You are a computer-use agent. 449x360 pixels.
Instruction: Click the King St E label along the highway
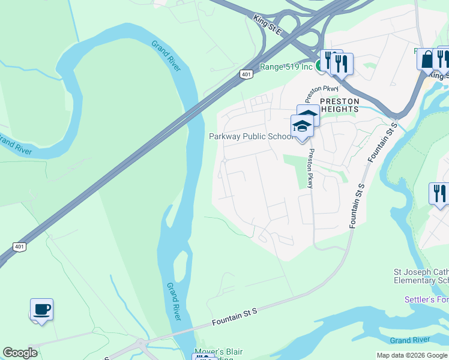pos(268,23)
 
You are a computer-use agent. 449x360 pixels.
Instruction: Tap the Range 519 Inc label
pos(286,67)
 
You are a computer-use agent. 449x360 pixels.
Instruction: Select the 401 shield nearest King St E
pos(246,74)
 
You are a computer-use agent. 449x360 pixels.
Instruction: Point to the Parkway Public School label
pos(250,136)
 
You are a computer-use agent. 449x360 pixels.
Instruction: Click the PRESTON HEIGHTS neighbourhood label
pos(339,105)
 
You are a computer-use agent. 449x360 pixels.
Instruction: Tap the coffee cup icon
pos(41,310)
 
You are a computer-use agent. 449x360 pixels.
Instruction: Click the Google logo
pos(20,352)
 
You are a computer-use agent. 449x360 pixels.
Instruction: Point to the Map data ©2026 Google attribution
pos(412,355)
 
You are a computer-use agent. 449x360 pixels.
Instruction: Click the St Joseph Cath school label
pos(421,276)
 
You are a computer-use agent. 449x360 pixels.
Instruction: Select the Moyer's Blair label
pos(218,352)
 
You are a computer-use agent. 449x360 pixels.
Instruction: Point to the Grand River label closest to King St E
pos(166,55)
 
